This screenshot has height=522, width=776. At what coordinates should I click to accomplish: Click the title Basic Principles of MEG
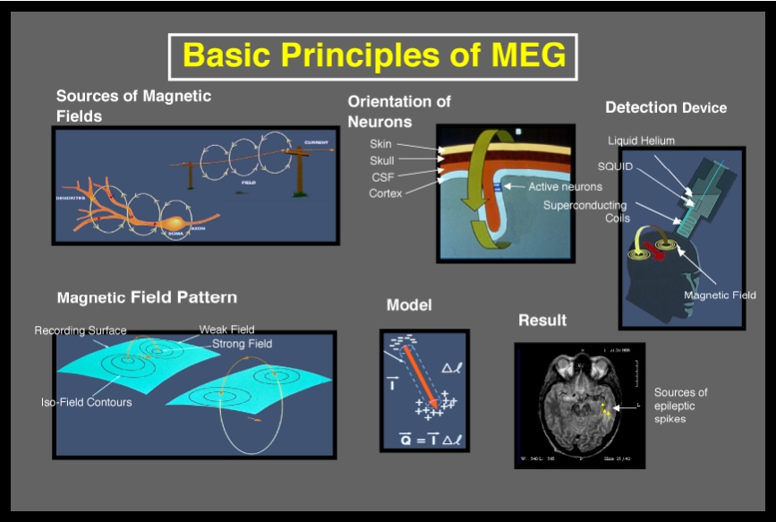click(x=373, y=56)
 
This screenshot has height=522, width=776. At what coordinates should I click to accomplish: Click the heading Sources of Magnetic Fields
click(x=133, y=106)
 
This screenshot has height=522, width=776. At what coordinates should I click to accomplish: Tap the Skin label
click(x=380, y=144)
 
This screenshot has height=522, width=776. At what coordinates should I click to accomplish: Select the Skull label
click(x=381, y=160)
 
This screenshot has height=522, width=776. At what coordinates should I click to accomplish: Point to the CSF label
click(x=382, y=176)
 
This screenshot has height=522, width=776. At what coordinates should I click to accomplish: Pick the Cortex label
click(x=386, y=193)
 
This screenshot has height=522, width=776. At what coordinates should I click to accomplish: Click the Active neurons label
click(x=565, y=187)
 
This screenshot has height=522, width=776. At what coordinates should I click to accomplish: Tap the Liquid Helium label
click(x=641, y=141)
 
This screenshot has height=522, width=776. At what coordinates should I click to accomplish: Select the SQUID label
click(x=615, y=167)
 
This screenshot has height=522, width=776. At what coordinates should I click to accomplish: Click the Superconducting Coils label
click(x=585, y=211)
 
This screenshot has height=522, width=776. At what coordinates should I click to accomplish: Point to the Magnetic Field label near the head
click(x=720, y=295)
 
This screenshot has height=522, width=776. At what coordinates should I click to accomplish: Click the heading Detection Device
click(x=666, y=107)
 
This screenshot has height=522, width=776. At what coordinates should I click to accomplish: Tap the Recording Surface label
click(x=81, y=330)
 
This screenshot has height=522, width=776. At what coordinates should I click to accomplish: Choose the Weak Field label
click(x=226, y=329)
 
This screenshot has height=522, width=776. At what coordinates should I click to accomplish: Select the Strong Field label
click(x=242, y=344)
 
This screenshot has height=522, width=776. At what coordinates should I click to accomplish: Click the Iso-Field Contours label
click(x=86, y=402)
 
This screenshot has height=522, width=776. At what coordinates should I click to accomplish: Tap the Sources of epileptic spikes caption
click(x=680, y=405)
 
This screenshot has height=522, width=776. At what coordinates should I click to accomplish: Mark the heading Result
click(x=541, y=321)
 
